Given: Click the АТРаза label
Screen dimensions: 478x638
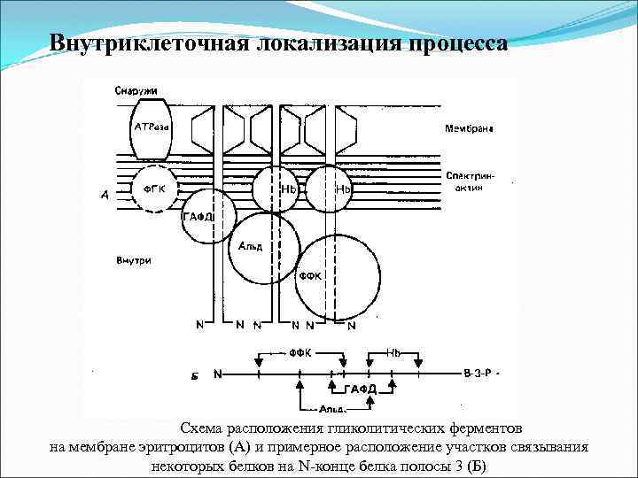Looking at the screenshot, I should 152,127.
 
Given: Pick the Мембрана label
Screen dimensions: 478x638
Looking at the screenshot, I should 469,128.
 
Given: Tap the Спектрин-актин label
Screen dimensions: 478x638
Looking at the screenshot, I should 471,182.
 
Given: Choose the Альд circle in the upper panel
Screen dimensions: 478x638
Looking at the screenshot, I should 258,247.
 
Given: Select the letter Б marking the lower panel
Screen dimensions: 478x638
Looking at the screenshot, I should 194,375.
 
